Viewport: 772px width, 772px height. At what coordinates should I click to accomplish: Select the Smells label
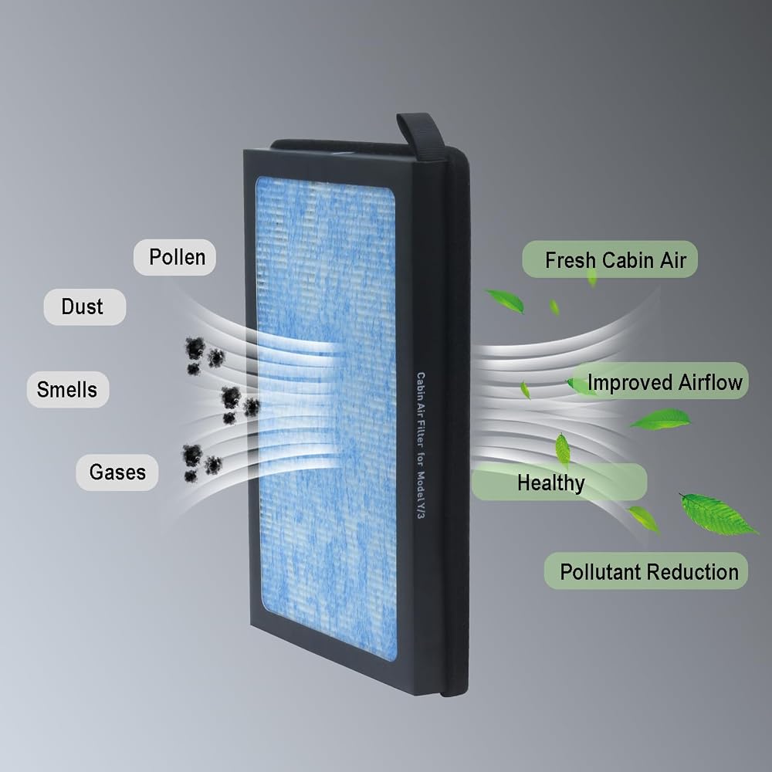[x=67, y=389]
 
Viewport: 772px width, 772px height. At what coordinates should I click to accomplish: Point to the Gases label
[x=117, y=472]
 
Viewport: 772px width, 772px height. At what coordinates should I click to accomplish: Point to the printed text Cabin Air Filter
[x=421, y=419]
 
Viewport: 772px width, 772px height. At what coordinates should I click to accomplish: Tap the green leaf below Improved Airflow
[x=660, y=418]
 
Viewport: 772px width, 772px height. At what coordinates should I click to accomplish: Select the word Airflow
[x=710, y=382]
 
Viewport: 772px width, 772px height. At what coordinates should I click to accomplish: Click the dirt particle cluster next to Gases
[x=201, y=462]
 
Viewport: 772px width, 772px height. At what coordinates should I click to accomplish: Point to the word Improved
[x=630, y=383]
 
